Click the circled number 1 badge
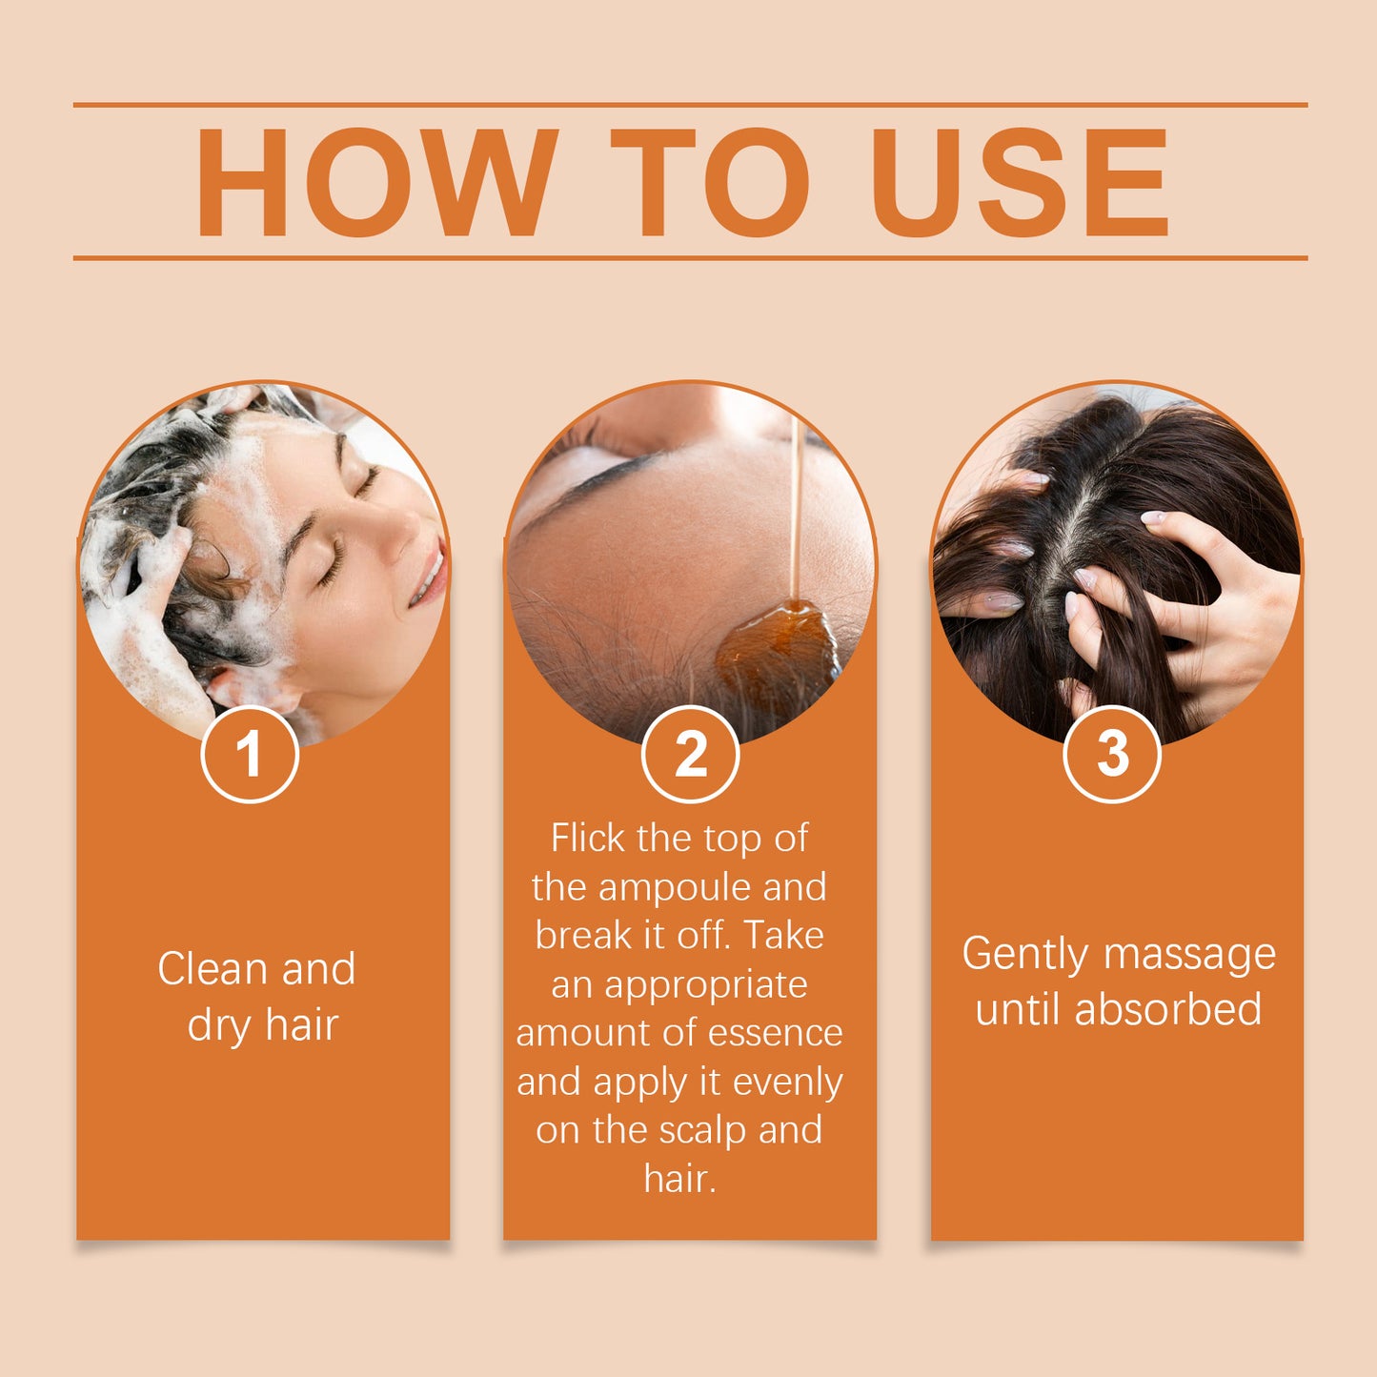pyautogui.click(x=250, y=755)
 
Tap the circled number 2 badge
pyautogui.click(x=690, y=755)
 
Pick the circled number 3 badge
pyautogui.click(x=1111, y=755)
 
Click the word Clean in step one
pyautogui.click(x=213, y=969)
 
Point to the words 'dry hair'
pyautogui.click(x=263, y=1025)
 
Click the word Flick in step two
pyautogui.click(x=588, y=839)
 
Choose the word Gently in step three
pyautogui.click(x=1024, y=955)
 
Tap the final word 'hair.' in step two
pyautogui.click(x=679, y=1179)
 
